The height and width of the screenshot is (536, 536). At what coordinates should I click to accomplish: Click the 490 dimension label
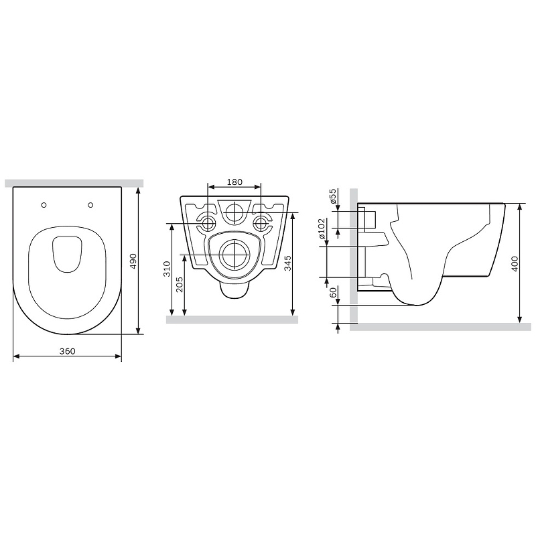(133, 261)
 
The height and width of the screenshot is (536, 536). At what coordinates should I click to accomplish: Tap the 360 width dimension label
(68, 351)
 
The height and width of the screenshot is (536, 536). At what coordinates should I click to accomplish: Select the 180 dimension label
(234, 182)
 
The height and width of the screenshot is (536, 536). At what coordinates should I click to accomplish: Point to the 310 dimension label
(166, 269)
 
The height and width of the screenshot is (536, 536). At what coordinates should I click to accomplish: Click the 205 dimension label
(179, 284)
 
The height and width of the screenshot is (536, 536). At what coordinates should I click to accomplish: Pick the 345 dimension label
(288, 263)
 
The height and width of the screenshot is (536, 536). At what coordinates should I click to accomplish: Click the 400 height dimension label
(515, 263)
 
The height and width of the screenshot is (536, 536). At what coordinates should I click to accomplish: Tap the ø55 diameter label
(333, 196)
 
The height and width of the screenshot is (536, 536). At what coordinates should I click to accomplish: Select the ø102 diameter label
(322, 228)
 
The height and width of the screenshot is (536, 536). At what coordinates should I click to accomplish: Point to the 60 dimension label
(333, 293)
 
